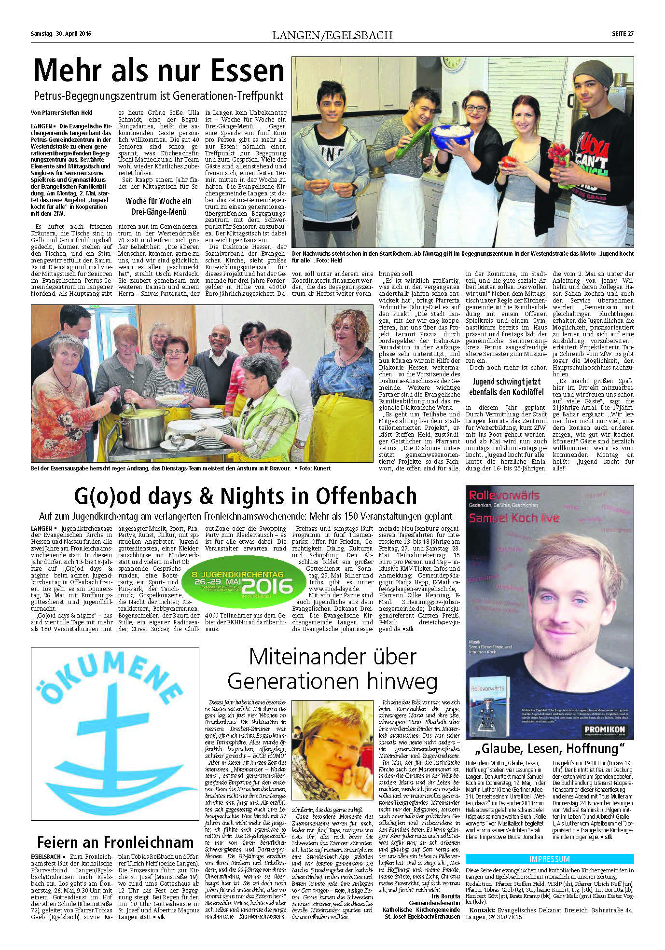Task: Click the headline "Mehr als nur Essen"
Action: (159, 71)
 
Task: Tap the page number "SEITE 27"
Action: (623, 34)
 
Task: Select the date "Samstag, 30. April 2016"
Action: (61, 34)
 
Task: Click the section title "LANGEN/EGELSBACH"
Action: (332, 35)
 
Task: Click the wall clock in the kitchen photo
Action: (454, 62)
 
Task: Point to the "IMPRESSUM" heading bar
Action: (549, 859)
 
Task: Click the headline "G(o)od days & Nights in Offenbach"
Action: (245, 496)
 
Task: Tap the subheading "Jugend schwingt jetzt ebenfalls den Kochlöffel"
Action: (506, 387)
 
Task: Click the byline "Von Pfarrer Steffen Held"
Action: (61, 112)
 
